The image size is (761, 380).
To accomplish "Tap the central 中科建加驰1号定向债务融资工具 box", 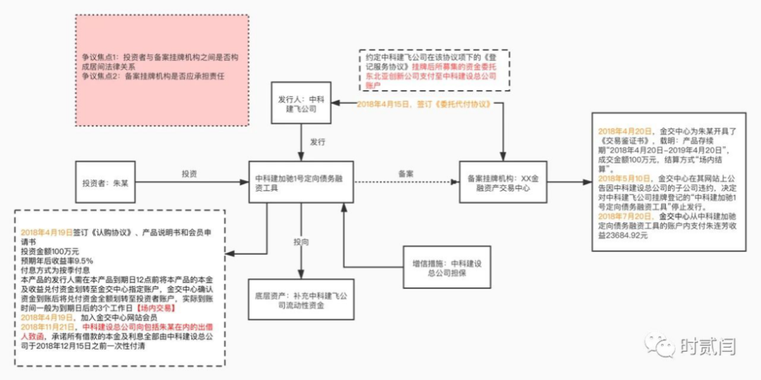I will coord(300,184).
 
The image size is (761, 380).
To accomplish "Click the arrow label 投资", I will coord(189,174).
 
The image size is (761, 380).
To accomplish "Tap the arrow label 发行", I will coord(318,141).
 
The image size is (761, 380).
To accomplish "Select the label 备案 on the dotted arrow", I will coord(406,172).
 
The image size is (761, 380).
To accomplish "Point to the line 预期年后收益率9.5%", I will coord(58,260).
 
